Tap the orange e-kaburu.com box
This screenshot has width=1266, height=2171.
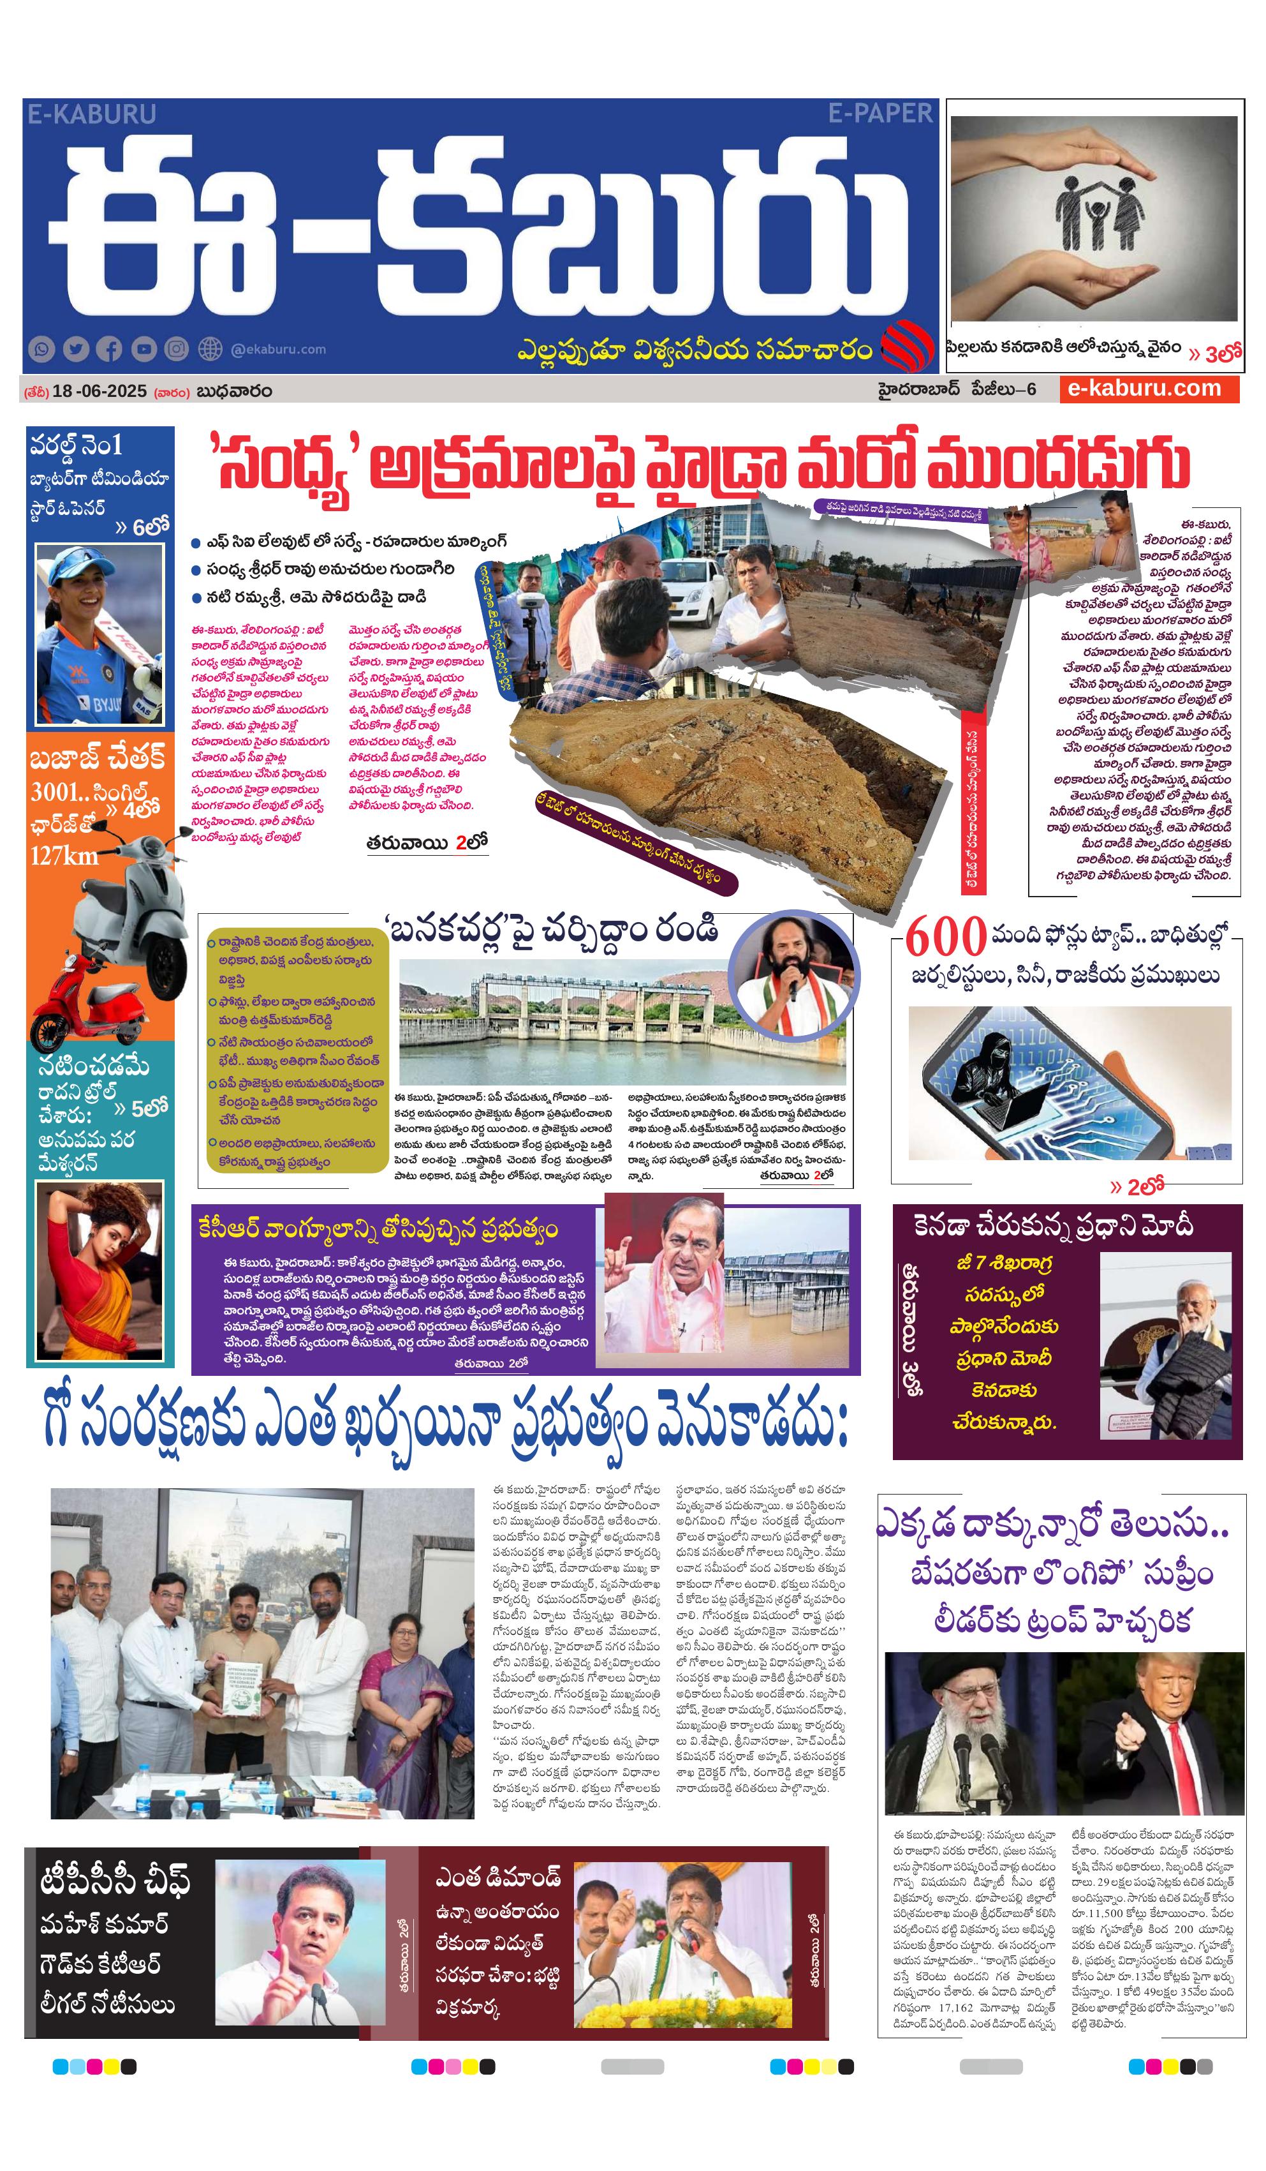(1148, 388)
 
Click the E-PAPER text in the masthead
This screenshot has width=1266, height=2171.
(880, 113)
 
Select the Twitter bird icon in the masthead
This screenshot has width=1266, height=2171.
(76, 349)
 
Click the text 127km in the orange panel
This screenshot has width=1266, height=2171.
(64, 856)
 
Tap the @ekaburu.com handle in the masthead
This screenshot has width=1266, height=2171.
(278, 349)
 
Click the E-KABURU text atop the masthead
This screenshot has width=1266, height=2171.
(91, 114)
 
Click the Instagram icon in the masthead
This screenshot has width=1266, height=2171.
(177, 349)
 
